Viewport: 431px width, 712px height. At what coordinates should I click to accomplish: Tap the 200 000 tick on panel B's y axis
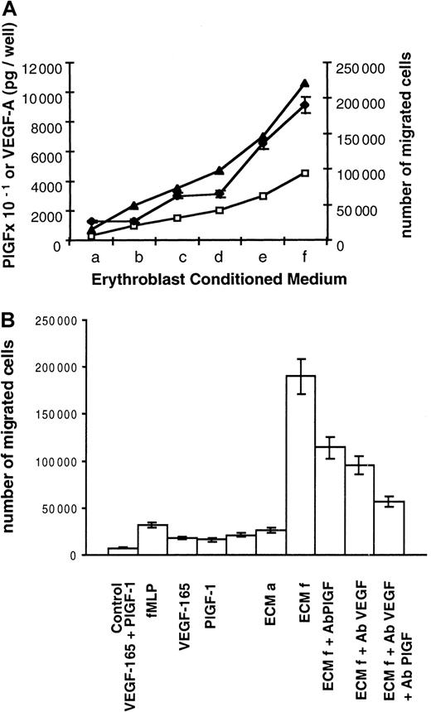[x=68, y=367]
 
